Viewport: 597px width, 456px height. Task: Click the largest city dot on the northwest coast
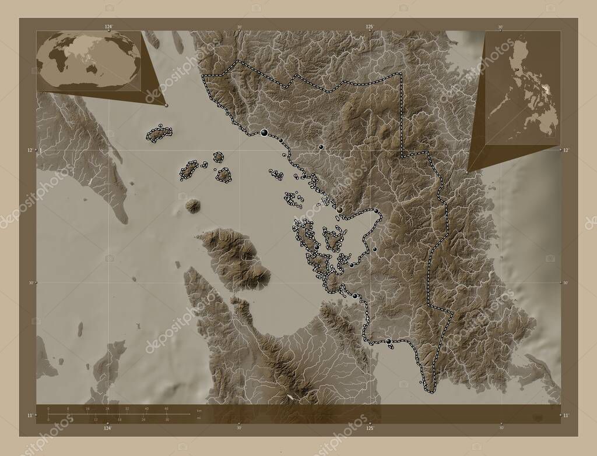[265, 133]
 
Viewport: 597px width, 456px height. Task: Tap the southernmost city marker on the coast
[389, 341]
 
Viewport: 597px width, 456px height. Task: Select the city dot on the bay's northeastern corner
[377, 211]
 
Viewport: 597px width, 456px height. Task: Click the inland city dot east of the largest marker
[321, 147]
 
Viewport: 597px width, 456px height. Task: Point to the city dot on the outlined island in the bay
[317, 248]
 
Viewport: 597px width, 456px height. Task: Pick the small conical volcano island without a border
[192, 206]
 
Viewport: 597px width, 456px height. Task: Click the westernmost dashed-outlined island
[157, 134]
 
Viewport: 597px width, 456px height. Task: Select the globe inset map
[89, 61]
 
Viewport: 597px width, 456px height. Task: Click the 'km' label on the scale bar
[199, 411]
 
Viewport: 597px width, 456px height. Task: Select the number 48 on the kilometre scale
[166, 409]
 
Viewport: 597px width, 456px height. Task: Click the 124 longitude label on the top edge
[108, 27]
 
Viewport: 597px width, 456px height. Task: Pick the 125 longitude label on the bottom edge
[369, 428]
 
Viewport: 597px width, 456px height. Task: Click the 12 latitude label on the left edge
[30, 150]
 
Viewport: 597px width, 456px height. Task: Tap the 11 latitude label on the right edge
[567, 415]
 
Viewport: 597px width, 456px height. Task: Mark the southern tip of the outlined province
[430, 389]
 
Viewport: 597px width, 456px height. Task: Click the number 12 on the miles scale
[87, 419]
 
